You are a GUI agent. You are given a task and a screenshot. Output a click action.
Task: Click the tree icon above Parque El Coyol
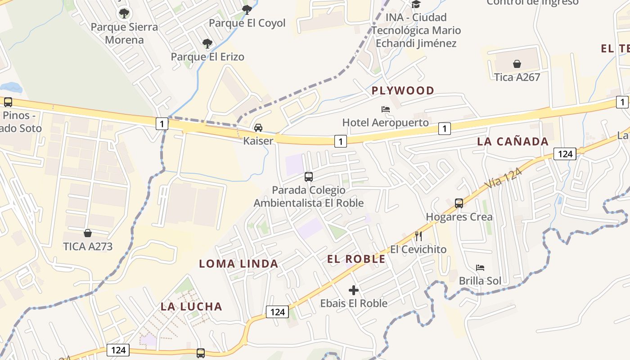coord(247,9)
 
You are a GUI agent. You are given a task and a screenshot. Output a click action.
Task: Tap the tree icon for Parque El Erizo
coord(207,44)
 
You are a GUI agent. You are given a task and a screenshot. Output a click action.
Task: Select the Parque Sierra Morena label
coord(124,33)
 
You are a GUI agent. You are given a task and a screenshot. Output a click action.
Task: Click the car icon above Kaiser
coord(258,128)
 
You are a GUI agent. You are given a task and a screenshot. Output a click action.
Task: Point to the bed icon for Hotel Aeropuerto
coord(386,109)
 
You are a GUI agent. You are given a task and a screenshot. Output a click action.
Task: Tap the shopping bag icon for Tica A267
coord(517,64)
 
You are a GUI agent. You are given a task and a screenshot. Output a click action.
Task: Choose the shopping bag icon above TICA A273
coord(88,233)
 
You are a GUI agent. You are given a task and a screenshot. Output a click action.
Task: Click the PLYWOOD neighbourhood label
coord(403,90)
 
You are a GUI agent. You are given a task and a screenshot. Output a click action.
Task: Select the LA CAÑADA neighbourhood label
coord(513,141)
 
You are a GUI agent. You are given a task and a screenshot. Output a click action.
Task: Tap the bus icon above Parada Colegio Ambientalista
coord(309,177)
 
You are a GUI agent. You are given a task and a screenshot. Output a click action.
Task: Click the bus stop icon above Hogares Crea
coord(459,203)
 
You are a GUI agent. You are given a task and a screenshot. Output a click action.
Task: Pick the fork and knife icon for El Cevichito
coord(418,236)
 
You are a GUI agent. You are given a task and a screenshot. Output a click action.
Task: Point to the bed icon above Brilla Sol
coord(480,268)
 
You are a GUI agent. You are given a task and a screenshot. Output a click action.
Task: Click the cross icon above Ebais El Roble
coord(354,290)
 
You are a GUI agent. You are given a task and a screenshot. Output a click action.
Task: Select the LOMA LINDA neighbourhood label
coord(238,264)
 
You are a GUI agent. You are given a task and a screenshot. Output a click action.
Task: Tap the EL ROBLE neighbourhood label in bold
coord(356,259)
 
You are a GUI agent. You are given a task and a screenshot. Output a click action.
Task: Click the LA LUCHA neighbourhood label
coord(192,306)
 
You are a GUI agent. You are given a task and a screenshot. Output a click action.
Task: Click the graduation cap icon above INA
coord(416,4)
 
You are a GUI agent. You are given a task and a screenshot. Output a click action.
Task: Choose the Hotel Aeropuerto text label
coord(386,122)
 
